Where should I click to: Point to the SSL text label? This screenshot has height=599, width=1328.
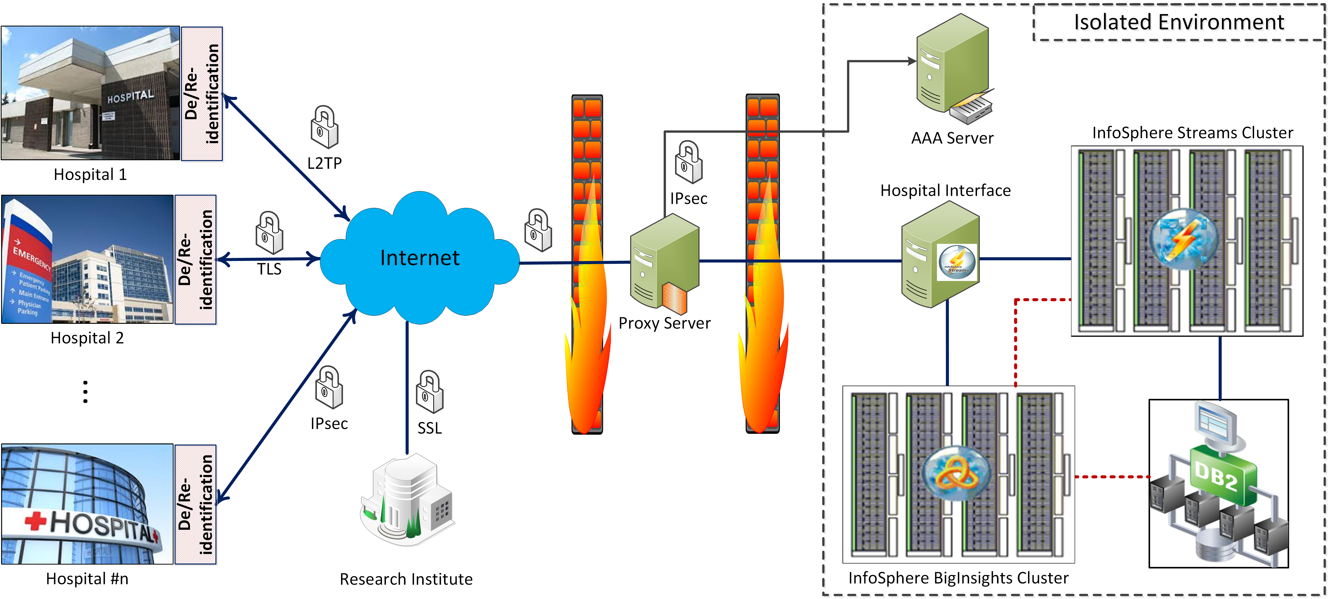click(x=429, y=428)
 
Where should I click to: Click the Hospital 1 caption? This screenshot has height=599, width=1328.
click(x=90, y=175)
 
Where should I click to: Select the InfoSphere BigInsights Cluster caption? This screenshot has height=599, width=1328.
click(x=958, y=578)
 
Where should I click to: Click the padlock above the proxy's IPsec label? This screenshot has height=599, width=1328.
click(x=689, y=162)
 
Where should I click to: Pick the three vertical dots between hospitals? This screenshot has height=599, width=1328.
click(x=86, y=391)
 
